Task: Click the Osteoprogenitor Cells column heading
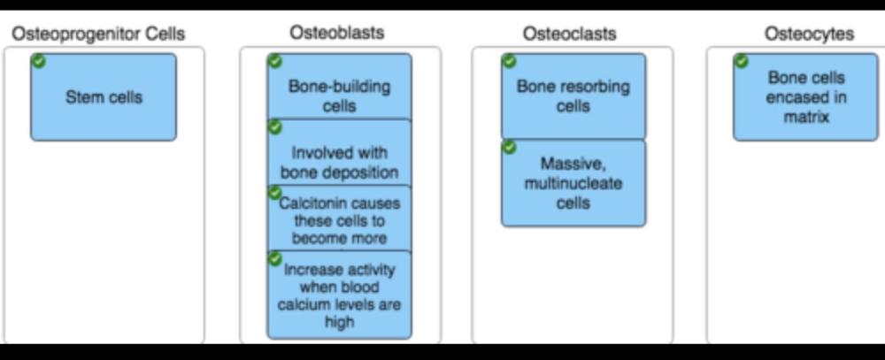[x=98, y=34]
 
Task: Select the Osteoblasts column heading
[x=337, y=33]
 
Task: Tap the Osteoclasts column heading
[x=570, y=34]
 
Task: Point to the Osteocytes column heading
[x=809, y=34]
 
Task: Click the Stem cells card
[x=104, y=97]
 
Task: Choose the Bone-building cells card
[x=339, y=96]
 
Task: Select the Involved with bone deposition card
[x=339, y=162]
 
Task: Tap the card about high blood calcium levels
[x=340, y=295]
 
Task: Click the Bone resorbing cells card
[x=573, y=96]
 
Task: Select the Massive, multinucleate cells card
[x=573, y=183]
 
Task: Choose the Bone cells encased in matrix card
[x=806, y=97]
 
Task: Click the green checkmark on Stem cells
[x=38, y=60]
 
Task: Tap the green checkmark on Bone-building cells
[x=274, y=60]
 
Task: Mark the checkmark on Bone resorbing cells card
[x=509, y=60]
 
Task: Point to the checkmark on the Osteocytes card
[x=742, y=60]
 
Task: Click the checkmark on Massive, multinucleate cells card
[x=509, y=147]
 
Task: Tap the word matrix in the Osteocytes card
[x=806, y=116]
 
